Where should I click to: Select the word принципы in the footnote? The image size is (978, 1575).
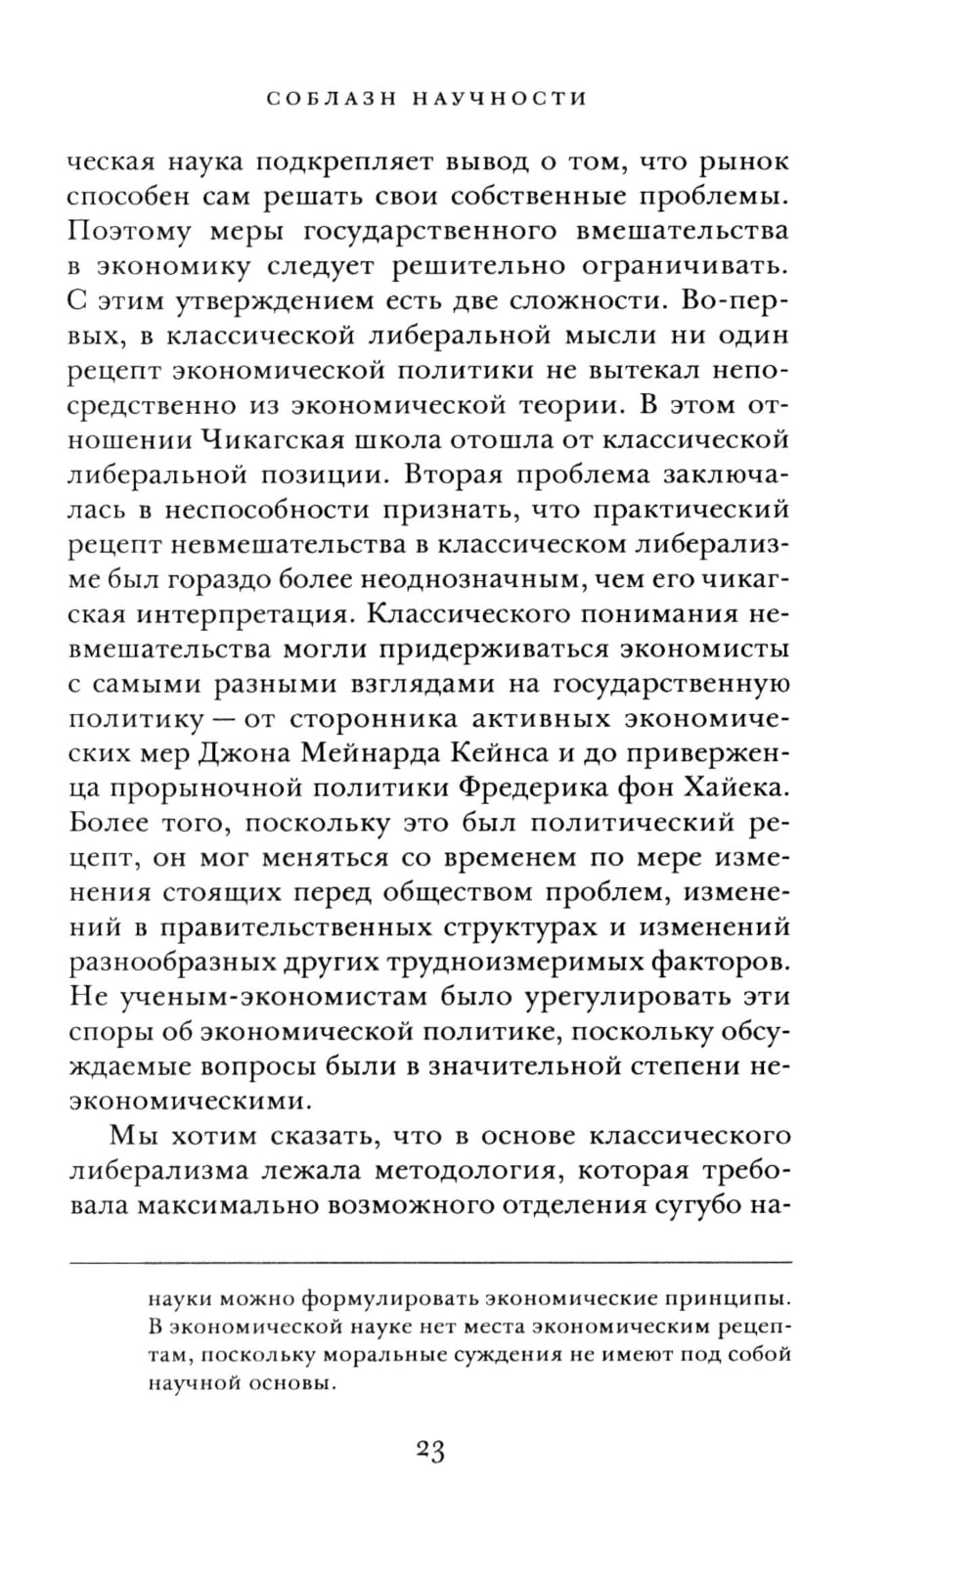click(723, 1300)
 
